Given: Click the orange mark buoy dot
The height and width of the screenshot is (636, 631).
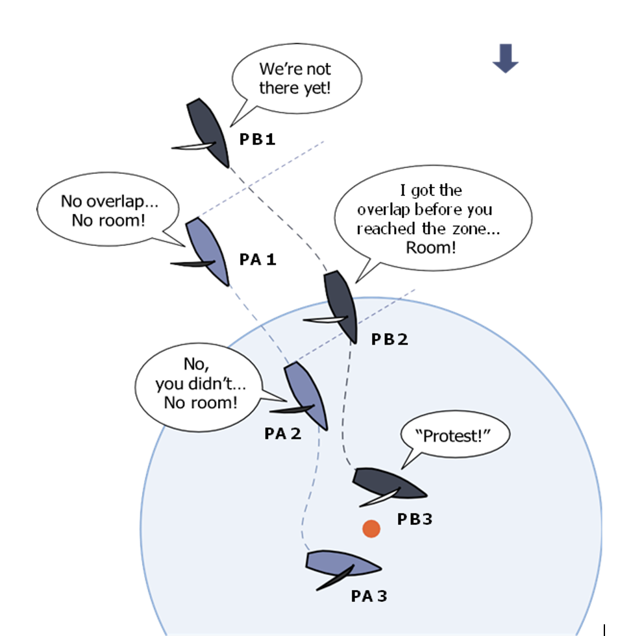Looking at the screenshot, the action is click(371, 528).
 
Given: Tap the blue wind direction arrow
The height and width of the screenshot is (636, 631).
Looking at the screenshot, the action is click(505, 58).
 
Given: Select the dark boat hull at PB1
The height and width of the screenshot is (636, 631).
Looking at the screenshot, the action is click(208, 132).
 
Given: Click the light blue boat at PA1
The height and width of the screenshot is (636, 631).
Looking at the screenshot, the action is click(207, 252).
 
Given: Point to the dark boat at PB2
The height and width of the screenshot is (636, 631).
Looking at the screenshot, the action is click(341, 307).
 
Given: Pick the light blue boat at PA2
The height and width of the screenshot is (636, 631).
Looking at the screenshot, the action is click(306, 395).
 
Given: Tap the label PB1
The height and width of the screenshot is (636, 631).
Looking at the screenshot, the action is click(257, 139).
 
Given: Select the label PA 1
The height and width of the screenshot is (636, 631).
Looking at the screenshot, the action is click(258, 259).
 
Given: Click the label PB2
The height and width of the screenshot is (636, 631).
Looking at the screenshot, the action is click(390, 339).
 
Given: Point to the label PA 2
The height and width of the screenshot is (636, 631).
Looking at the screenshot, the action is click(283, 434).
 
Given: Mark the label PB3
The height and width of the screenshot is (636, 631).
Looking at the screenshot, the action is click(415, 519).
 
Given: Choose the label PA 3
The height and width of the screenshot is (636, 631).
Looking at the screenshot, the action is click(369, 596).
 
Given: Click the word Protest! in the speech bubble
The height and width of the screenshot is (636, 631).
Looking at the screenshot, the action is click(453, 436).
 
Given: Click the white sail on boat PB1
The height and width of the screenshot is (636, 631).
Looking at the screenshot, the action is click(193, 147).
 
